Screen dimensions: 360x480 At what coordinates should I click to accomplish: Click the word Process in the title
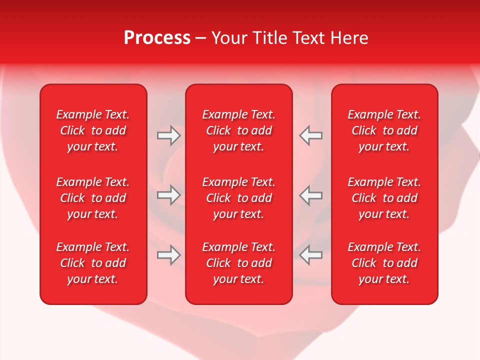click(x=157, y=38)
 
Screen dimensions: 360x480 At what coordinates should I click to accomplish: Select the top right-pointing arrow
click(x=168, y=135)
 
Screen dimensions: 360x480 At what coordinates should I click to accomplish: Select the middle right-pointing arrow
click(x=168, y=195)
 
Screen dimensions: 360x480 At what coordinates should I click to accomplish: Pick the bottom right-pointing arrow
click(x=168, y=255)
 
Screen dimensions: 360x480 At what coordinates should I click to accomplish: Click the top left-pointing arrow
click(x=310, y=135)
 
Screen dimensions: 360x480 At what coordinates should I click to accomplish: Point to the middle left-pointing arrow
click(x=310, y=195)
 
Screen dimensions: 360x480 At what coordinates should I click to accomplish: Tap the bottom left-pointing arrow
click(x=310, y=255)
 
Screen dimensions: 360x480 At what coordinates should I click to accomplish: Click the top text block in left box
click(x=93, y=130)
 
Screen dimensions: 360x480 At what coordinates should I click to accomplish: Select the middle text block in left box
click(x=93, y=198)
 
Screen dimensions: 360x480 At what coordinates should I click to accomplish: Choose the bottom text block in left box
click(x=93, y=263)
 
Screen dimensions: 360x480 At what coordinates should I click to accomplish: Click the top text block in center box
click(x=239, y=130)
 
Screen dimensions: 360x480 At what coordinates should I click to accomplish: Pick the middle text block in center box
click(x=239, y=198)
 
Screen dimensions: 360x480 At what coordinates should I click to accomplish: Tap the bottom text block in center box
click(x=239, y=263)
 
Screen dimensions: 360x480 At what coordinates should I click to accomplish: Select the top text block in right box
click(x=384, y=130)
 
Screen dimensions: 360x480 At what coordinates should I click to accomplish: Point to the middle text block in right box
click(x=384, y=198)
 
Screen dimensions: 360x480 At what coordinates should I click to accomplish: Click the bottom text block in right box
click(x=384, y=263)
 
